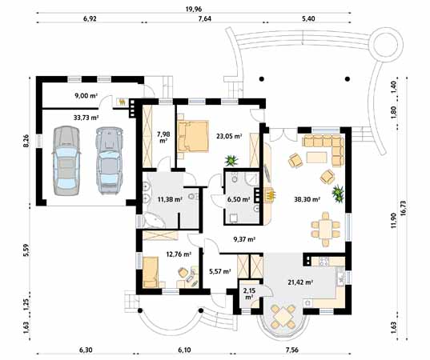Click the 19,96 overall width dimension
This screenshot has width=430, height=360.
tap(193, 9)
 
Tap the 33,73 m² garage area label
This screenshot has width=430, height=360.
tap(86, 118)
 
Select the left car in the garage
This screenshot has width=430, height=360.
tap(66, 161)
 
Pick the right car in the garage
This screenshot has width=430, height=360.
tap(109, 161)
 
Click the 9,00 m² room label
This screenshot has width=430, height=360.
tap(86, 96)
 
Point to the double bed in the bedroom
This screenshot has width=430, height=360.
tap(192, 136)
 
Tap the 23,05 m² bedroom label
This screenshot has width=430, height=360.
tap(229, 136)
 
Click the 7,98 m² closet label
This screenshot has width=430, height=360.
tap(163, 138)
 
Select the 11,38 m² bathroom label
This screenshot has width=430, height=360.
tap(170, 199)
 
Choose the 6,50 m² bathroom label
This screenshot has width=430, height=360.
tap(239, 199)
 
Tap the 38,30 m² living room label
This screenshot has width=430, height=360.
tap(307, 199)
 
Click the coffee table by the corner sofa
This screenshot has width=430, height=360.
tap(317, 158)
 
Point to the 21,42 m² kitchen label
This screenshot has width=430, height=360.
tap(300, 282)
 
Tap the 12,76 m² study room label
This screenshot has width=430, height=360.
tap(179, 254)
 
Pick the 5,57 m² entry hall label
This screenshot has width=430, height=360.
tap(219, 271)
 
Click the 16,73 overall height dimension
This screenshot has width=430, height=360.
tap(403, 209)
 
